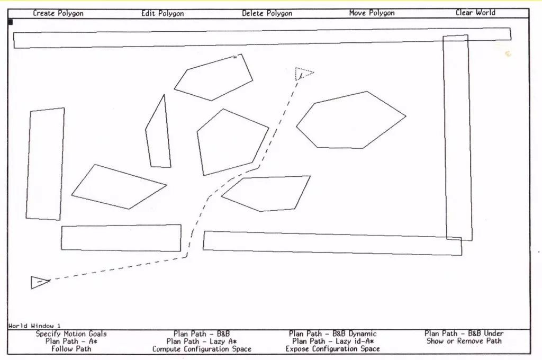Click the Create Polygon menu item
[58, 13]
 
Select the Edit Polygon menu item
[162, 13]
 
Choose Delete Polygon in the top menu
[267, 13]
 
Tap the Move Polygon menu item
[372, 13]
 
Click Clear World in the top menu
[475, 13]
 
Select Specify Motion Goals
[71, 334]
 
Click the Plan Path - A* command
[71, 341]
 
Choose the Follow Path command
[71, 349]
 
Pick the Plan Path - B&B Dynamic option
[332, 334]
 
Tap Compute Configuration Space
[202, 349]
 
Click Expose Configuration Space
[332, 349]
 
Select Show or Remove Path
[464, 341]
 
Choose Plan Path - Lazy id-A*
[332, 341]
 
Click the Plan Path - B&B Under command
[464, 334]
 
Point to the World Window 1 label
[34, 326]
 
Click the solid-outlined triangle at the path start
[39, 282]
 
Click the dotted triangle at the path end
[303, 74]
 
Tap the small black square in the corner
[10, 22]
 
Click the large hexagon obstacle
[350, 121]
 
